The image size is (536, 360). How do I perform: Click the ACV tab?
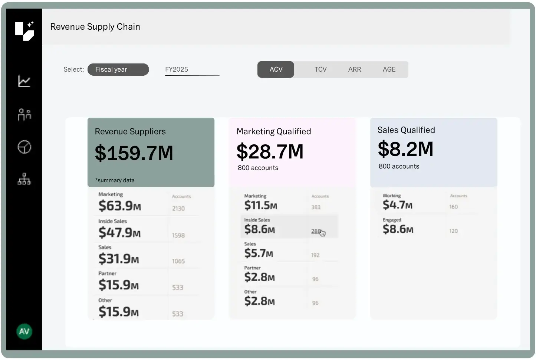tap(276, 69)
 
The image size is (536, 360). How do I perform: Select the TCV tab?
tap(320, 69)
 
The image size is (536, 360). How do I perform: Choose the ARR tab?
tap(354, 69)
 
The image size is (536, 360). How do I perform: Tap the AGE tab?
tap(389, 69)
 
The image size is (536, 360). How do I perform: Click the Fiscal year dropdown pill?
tap(118, 69)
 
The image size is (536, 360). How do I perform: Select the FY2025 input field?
tap(192, 70)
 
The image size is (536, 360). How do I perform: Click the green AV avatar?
tap(24, 331)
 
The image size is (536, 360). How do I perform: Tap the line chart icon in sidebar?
tap(24, 81)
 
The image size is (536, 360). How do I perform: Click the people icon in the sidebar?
tap(24, 115)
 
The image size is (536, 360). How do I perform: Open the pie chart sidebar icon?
tap(24, 147)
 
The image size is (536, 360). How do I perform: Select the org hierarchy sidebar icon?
tap(24, 179)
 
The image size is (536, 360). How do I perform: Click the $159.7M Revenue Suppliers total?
tap(134, 153)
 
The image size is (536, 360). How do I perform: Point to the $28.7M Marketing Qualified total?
tap(270, 151)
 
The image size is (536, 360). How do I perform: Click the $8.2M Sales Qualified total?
tap(405, 149)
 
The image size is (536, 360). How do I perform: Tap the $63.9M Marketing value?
tap(120, 205)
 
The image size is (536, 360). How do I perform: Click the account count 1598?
tap(178, 235)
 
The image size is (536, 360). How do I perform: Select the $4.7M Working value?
tap(397, 204)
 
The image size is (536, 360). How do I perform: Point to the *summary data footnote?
tap(115, 180)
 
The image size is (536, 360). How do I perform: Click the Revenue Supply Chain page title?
tap(95, 27)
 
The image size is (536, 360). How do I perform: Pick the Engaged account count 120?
tap(453, 231)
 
